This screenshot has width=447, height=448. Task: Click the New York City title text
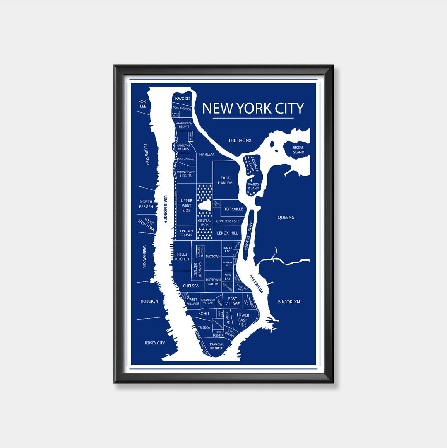point(253,108)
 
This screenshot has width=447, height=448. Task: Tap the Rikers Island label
point(298,150)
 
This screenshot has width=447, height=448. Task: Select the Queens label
point(286,217)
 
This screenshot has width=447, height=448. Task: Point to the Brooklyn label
point(289,302)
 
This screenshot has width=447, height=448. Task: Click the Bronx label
point(240,140)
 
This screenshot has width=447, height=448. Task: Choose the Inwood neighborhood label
point(182,99)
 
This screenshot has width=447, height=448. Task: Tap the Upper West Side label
point(186,206)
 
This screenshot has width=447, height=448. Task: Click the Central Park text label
point(204,223)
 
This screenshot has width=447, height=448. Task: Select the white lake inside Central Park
point(205,205)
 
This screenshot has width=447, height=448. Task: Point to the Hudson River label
point(165,209)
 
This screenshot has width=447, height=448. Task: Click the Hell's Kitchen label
point(182,257)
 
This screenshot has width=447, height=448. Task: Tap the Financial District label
point(216,346)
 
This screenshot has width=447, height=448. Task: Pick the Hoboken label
point(149,301)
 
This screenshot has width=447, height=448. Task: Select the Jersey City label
point(154,343)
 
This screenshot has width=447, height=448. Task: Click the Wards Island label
point(253,186)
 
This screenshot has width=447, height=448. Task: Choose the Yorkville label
point(233,209)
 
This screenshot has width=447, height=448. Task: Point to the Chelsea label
point(191,286)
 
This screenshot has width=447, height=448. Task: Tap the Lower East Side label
point(243,320)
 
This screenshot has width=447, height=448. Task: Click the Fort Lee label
point(143,104)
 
